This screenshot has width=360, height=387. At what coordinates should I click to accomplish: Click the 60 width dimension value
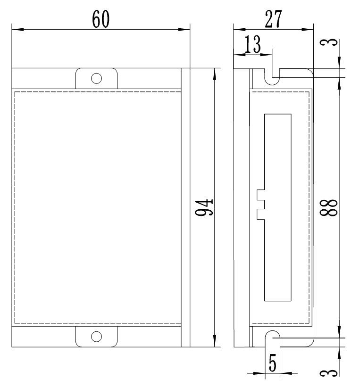coord(100,19)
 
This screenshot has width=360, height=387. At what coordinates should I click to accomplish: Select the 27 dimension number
coord(272,19)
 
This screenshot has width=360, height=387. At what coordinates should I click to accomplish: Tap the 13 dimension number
coord(252,45)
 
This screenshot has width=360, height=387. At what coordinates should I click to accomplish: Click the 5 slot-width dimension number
coord(272,364)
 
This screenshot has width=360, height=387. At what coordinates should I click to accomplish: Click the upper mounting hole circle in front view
coord(96,78)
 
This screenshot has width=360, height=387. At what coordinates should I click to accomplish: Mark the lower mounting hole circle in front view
coord(96,336)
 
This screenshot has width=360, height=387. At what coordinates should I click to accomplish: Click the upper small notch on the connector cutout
coord(260,194)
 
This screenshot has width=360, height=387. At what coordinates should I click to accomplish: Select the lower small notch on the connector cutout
coord(260,214)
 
